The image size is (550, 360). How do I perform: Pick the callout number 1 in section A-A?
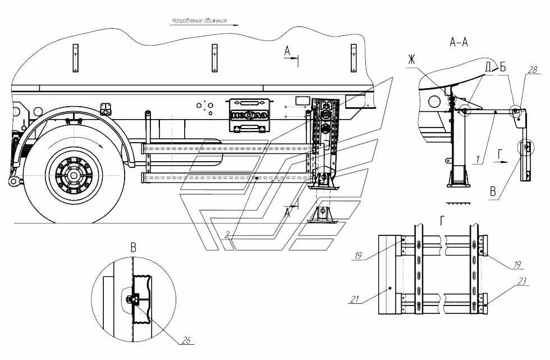[476, 160]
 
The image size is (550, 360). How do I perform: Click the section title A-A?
[460, 42]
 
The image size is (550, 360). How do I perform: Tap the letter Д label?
[488, 67]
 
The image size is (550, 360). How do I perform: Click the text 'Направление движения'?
[199, 22]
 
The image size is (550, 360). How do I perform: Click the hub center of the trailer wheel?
[74, 175]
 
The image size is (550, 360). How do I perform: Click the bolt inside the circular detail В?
[135, 300]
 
